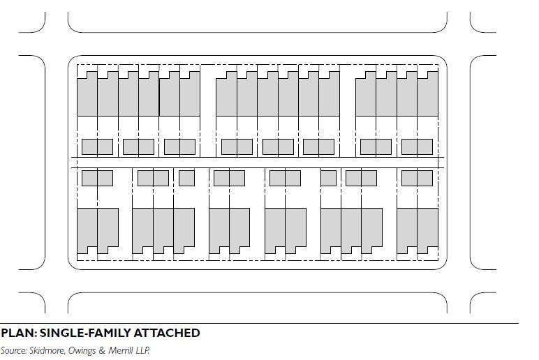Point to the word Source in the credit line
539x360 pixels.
point(14,350)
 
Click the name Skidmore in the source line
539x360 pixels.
point(48,350)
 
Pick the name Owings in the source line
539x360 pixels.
point(87,350)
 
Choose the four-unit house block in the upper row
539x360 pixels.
point(397,96)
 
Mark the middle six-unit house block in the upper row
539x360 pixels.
point(277,96)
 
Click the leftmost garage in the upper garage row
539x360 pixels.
point(97,147)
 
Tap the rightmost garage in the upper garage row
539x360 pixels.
point(417,147)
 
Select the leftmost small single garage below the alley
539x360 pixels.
point(186,178)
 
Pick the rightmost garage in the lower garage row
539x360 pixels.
point(417,178)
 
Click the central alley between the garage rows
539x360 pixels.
point(258,163)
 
